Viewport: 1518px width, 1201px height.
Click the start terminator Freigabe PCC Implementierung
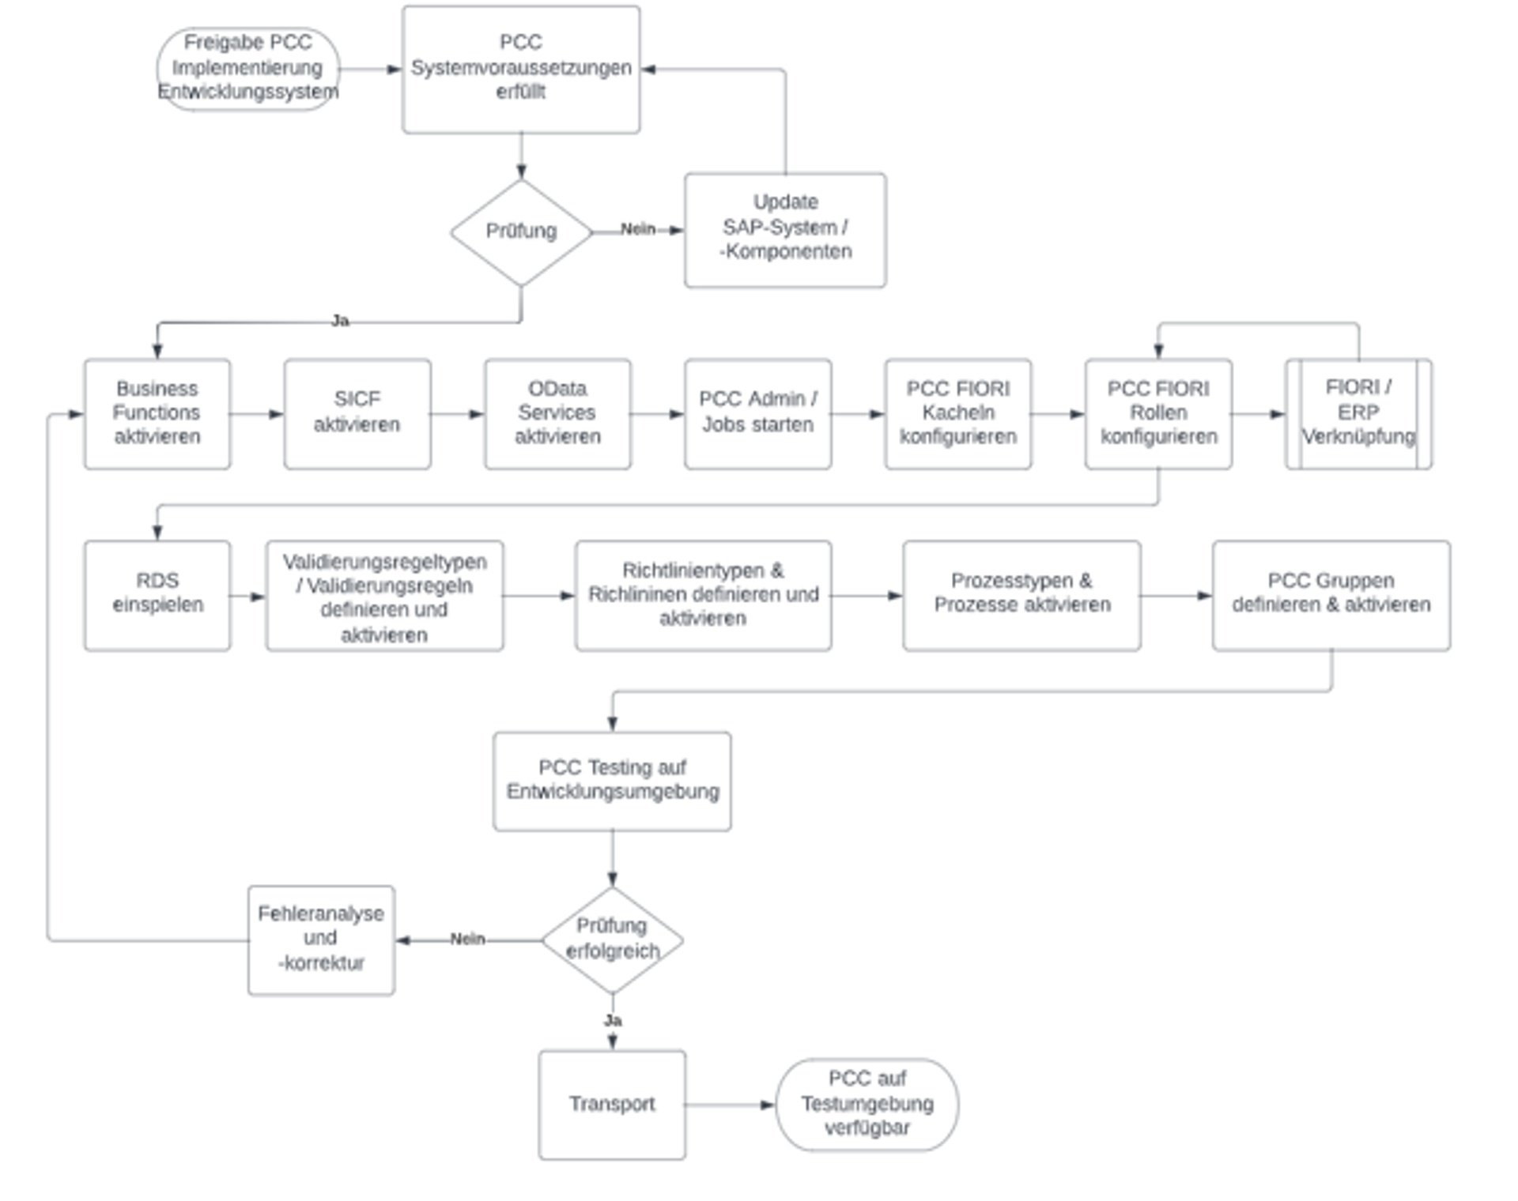(248, 68)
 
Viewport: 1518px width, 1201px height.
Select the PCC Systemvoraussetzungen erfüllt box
(521, 69)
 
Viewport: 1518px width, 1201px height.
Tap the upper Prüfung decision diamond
(521, 232)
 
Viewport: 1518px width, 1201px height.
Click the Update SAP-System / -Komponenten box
(785, 229)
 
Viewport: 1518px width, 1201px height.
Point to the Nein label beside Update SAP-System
(638, 229)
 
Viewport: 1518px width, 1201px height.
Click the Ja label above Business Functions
(340, 320)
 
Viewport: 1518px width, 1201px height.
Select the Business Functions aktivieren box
(157, 413)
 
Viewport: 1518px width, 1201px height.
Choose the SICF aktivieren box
(357, 413)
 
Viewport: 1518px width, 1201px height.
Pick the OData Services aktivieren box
(557, 413)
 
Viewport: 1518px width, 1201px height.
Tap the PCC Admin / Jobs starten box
(757, 413)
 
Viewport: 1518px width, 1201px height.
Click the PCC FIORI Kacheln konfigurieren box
(957, 413)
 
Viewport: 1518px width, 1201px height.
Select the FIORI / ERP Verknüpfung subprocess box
(1358, 413)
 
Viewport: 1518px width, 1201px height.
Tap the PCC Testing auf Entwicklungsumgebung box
(612, 780)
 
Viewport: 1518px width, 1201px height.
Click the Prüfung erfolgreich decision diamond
(612, 939)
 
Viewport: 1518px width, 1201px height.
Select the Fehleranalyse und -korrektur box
(321, 939)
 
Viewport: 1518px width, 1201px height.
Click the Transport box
(612, 1104)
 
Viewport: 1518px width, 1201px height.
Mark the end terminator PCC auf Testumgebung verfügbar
(867, 1104)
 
